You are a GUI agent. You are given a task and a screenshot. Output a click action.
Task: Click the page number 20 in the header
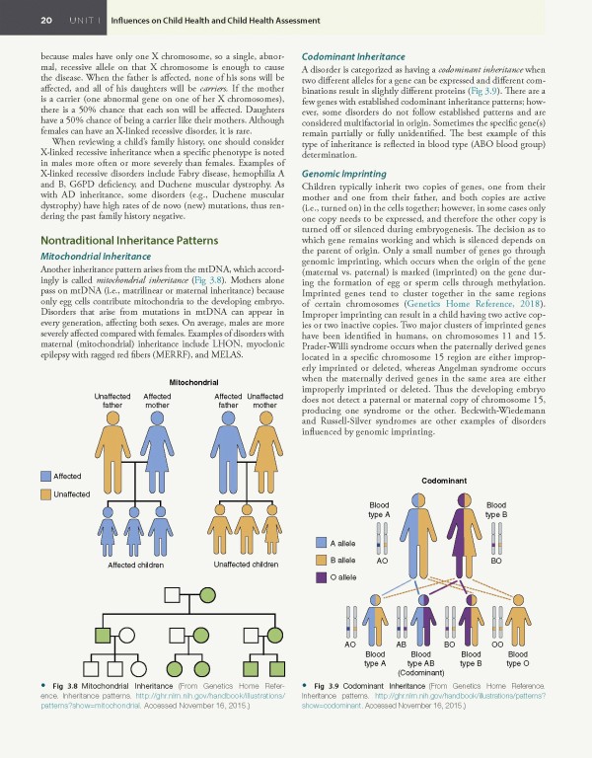19,20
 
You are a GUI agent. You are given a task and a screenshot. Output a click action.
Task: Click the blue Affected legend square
45,476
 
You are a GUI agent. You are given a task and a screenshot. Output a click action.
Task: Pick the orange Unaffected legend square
45,493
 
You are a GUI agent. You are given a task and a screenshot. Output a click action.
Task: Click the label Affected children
108,566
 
